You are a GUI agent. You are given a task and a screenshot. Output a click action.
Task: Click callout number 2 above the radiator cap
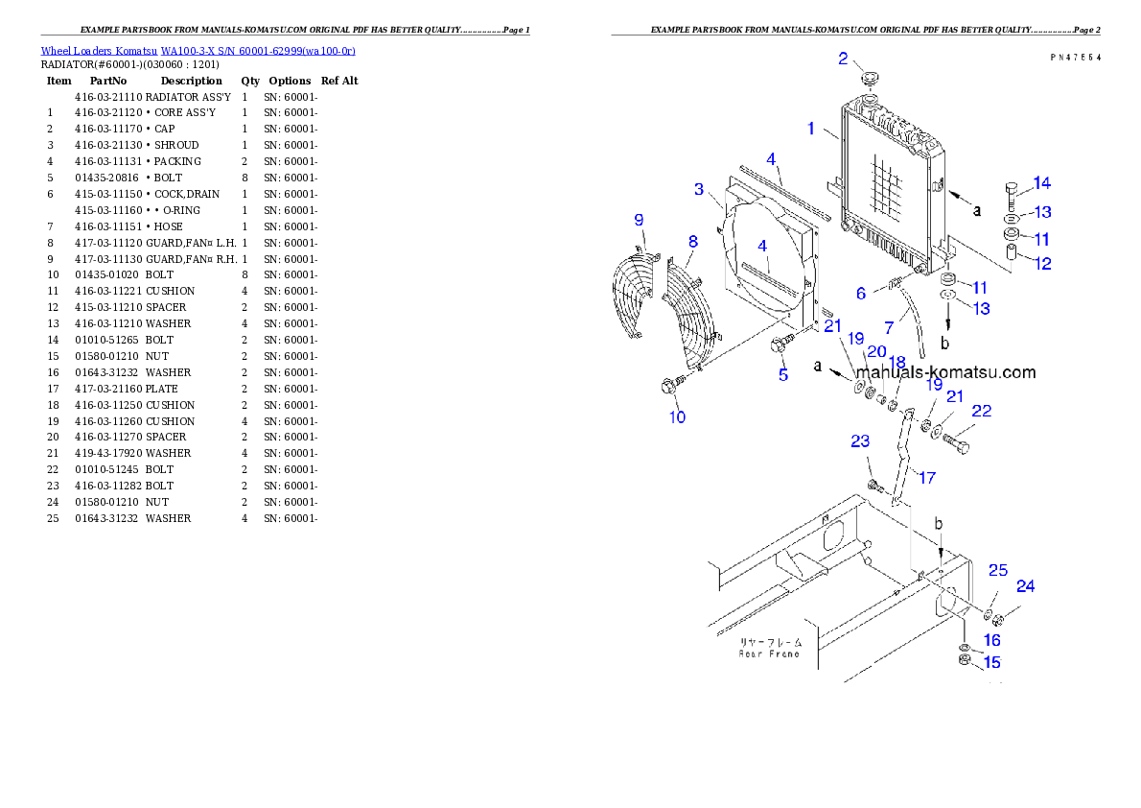pyautogui.click(x=843, y=59)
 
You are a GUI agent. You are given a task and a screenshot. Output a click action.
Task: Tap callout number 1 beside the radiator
pyautogui.click(x=811, y=128)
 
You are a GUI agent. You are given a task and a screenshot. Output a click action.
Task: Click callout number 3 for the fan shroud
pyautogui.click(x=700, y=189)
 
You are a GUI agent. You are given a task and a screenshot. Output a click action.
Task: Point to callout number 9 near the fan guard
pyautogui.click(x=639, y=221)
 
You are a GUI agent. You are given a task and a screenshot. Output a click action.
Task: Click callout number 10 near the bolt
pyautogui.click(x=678, y=417)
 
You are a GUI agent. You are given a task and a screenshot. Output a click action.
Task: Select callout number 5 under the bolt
pyautogui.click(x=783, y=375)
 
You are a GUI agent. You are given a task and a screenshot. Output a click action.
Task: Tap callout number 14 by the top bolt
pyautogui.click(x=1041, y=183)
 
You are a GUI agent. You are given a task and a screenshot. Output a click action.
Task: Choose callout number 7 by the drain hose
pyautogui.click(x=889, y=328)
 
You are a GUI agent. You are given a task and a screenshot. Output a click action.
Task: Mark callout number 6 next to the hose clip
pyautogui.click(x=861, y=293)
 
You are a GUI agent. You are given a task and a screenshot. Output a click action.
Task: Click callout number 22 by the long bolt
pyautogui.click(x=981, y=412)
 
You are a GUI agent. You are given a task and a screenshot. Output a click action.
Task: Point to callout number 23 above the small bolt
pyautogui.click(x=860, y=441)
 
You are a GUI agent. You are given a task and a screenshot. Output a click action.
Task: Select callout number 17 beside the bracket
pyautogui.click(x=927, y=477)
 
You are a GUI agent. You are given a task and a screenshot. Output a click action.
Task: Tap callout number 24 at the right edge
pyautogui.click(x=1026, y=586)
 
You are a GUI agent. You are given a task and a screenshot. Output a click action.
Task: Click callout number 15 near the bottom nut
pyautogui.click(x=991, y=662)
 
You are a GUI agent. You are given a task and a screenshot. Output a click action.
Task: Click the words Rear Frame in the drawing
pyautogui.click(x=769, y=654)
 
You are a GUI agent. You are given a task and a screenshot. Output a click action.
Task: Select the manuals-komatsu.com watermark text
pyautogui.click(x=945, y=372)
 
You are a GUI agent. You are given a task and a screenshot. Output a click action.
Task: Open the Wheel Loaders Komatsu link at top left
pyautogui.click(x=198, y=51)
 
